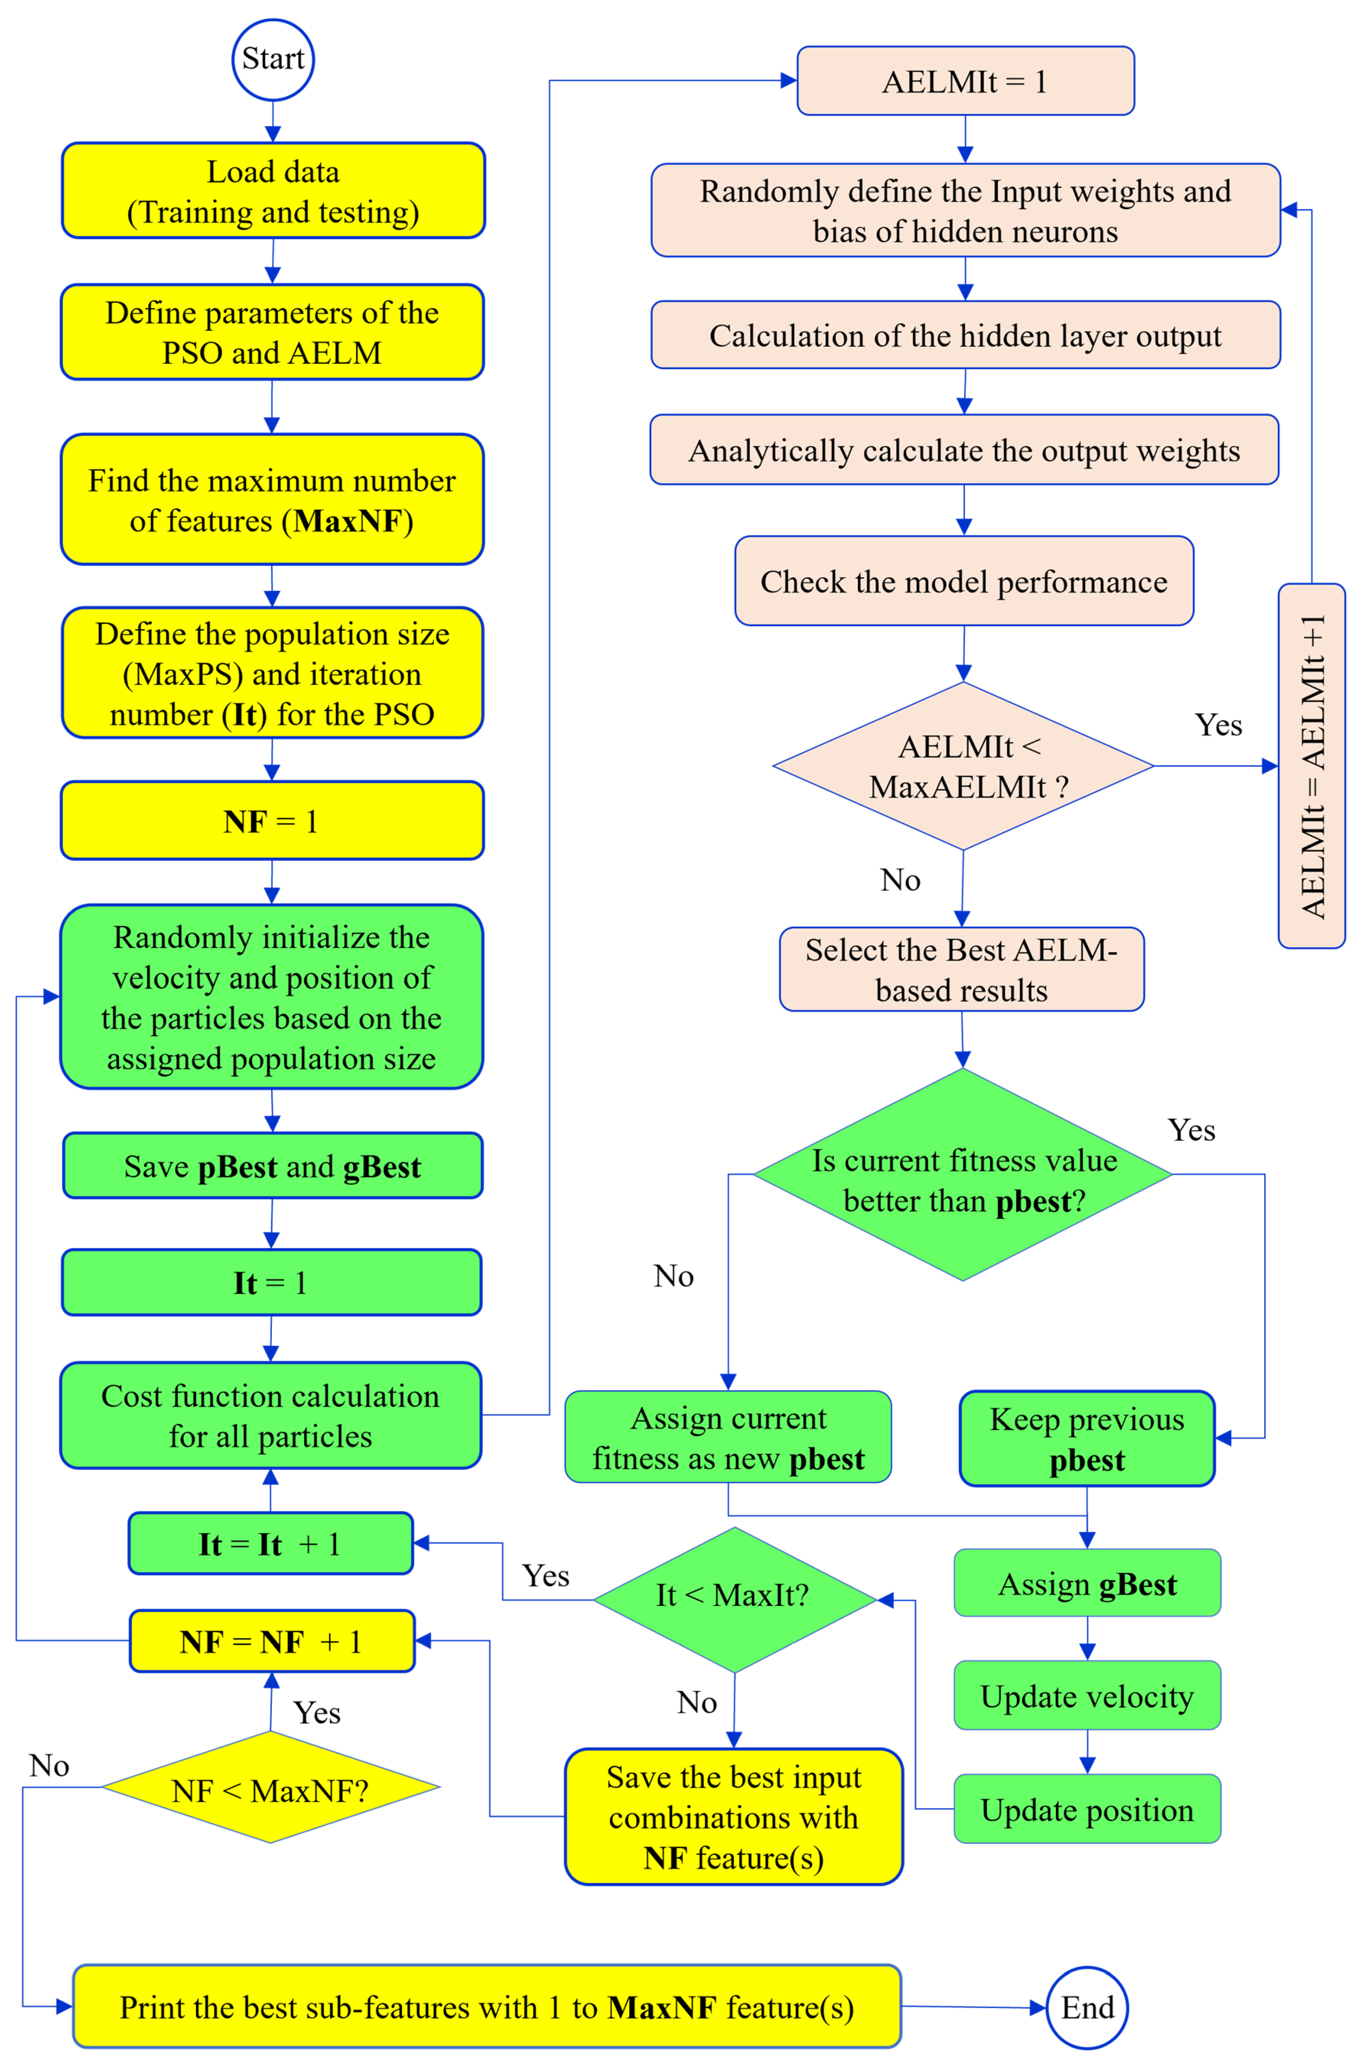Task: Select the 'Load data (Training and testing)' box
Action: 273,191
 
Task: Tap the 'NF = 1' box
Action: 272,820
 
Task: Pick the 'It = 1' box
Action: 271,1282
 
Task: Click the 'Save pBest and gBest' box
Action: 272,1166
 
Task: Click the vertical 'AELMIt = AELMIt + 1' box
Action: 1311,766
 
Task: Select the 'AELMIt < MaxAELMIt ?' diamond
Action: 963,766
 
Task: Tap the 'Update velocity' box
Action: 1087,1695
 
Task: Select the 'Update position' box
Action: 1087,1809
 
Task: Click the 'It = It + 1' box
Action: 270,1544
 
